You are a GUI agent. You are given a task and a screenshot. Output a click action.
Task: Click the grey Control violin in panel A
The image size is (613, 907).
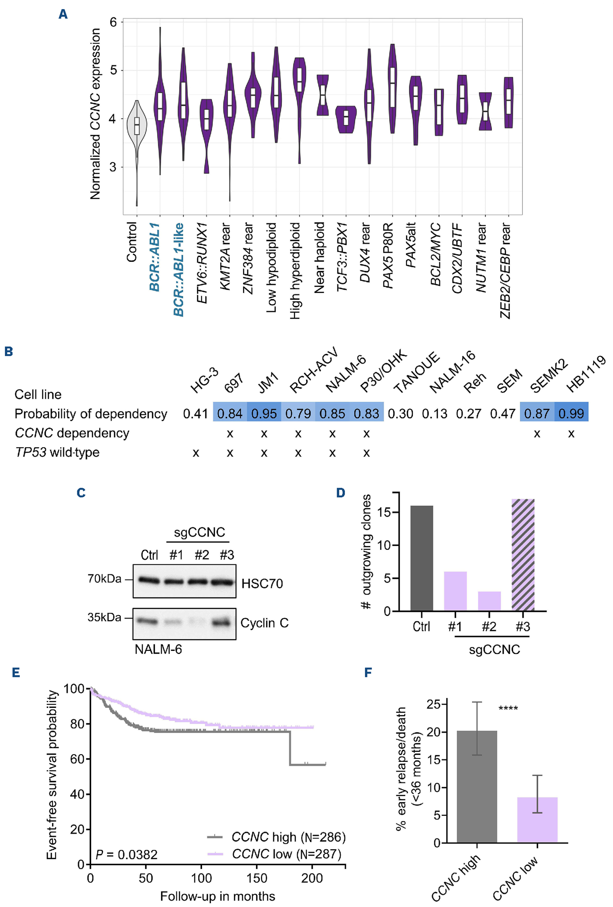(x=136, y=125)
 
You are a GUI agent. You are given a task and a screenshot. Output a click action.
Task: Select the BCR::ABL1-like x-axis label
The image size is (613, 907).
(x=178, y=269)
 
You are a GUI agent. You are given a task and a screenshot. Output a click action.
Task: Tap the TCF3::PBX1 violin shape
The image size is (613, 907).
(x=346, y=119)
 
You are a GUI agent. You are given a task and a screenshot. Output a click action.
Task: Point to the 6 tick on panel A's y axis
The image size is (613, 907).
(x=113, y=22)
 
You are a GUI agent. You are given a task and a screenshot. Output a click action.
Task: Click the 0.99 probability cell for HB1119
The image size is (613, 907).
(x=571, y=414)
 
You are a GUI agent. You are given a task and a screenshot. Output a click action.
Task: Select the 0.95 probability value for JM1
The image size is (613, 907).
(x=264, y=414)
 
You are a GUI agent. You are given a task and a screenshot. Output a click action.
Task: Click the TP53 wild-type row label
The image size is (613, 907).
(x=57, y=452)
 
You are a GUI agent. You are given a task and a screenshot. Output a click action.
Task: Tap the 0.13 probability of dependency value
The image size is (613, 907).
(x=434, y=414)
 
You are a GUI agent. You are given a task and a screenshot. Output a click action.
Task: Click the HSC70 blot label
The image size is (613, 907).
(x=262, y=583)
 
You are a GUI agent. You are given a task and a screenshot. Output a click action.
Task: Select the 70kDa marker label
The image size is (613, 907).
(x=104, y=579)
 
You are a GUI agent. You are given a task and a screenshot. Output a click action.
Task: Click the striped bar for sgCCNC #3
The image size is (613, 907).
(x=523, y=554)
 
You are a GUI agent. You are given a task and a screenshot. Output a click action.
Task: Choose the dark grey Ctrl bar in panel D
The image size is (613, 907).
(x=421, y=558)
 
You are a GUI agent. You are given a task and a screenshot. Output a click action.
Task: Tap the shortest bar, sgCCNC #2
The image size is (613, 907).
(x=489, y=601)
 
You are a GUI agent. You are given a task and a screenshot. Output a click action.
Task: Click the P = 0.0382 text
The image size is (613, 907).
(x=126, y=855)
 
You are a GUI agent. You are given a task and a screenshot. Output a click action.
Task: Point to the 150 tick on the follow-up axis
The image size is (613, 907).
(x=257, y=878)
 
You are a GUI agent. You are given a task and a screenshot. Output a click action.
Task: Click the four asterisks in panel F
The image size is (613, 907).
(x=508, y=708)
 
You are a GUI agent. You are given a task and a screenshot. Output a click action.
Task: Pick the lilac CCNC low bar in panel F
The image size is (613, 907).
(x=537, y=820)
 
